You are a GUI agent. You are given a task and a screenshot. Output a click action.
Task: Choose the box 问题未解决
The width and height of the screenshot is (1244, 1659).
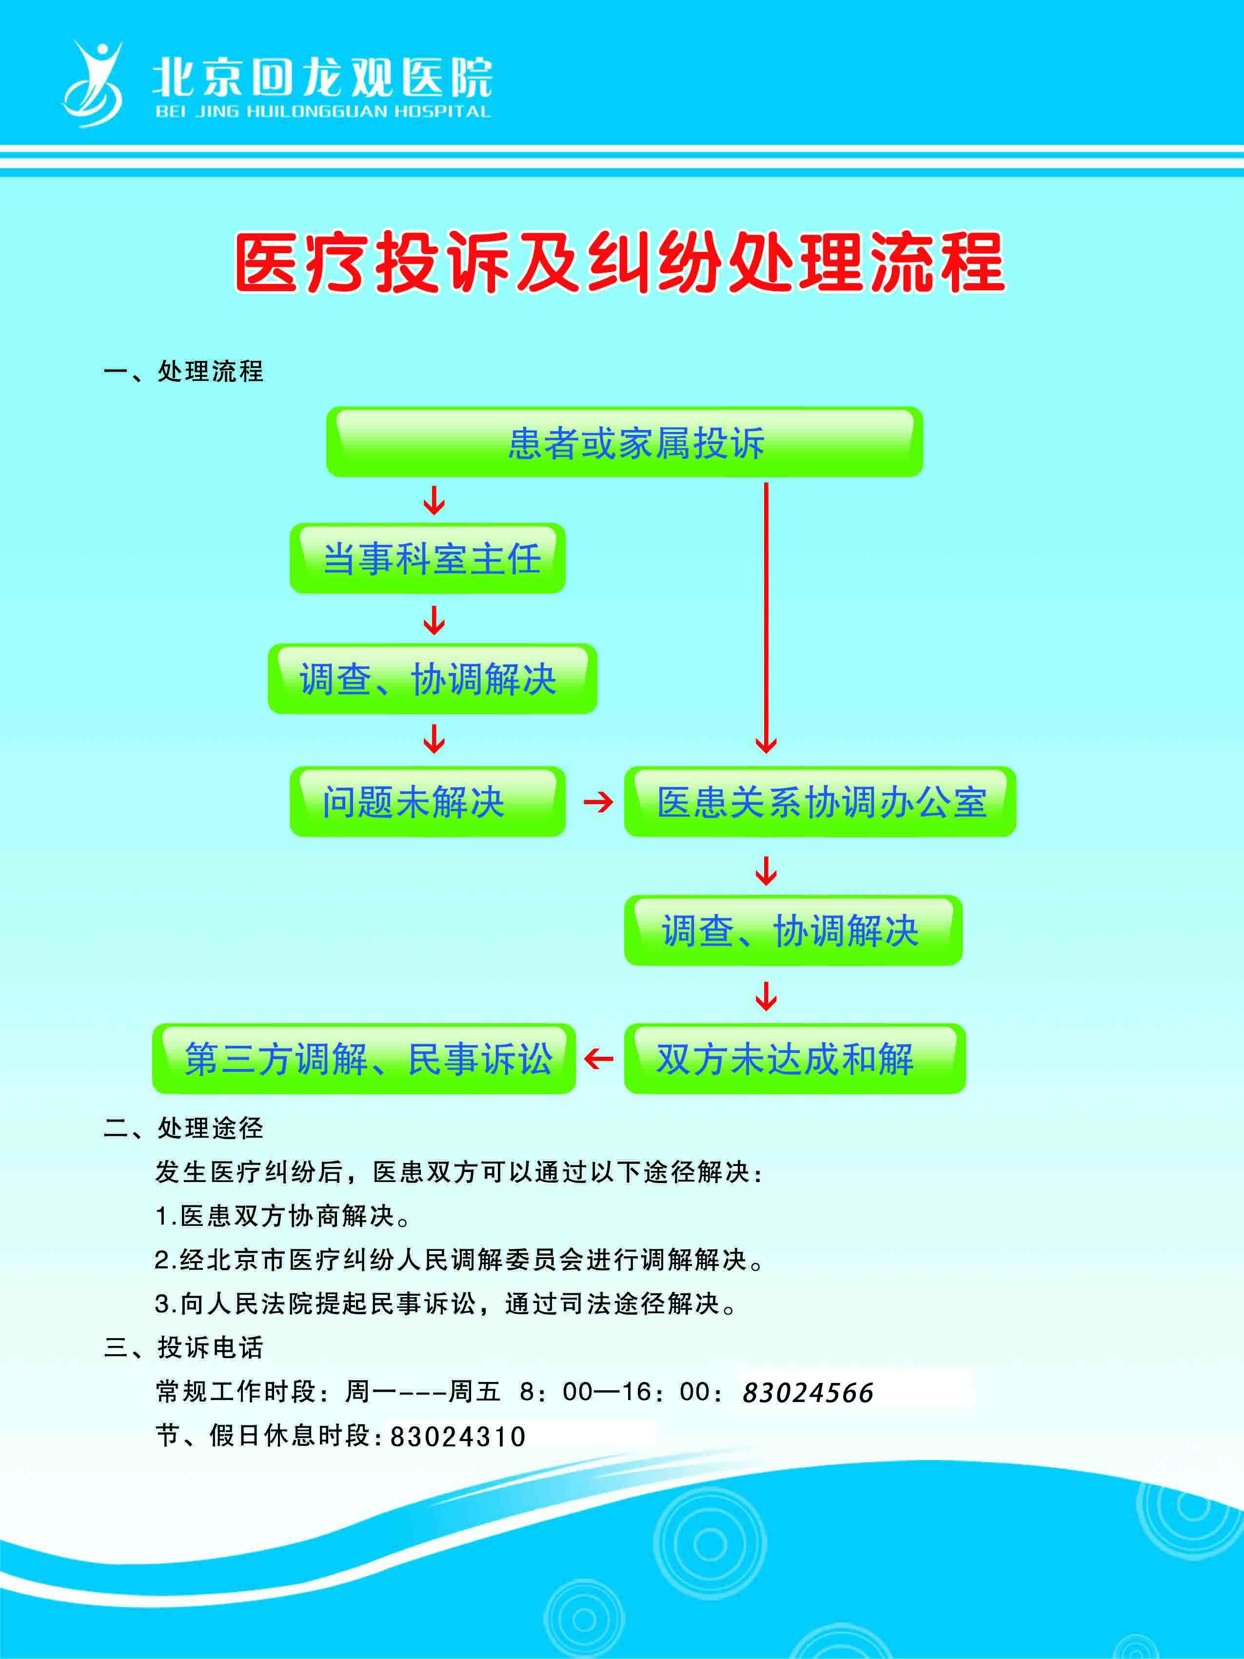pos(427,802)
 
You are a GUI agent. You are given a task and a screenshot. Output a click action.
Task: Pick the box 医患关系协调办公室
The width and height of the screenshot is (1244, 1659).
pos(820,802)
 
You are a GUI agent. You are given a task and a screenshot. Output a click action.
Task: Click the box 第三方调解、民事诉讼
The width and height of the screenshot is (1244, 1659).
pos(364,1058)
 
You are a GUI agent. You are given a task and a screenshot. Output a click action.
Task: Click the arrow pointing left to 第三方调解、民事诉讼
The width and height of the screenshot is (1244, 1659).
pos(598,1059)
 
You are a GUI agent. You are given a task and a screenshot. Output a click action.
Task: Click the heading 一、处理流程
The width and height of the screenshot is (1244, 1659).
pos(184,371)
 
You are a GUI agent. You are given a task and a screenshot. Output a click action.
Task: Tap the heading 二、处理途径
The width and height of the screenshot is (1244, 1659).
pos(184,1127)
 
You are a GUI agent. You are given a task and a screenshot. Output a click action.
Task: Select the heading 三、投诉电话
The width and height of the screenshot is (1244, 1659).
pos(184,1347)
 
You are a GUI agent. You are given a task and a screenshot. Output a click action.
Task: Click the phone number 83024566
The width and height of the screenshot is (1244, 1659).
pos(808,1393)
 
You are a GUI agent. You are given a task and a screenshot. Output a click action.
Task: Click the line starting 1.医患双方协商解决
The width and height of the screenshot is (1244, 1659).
pos(283,1216)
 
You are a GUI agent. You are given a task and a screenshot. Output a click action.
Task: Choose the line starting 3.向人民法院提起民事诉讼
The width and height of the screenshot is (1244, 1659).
pos(446,1303)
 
